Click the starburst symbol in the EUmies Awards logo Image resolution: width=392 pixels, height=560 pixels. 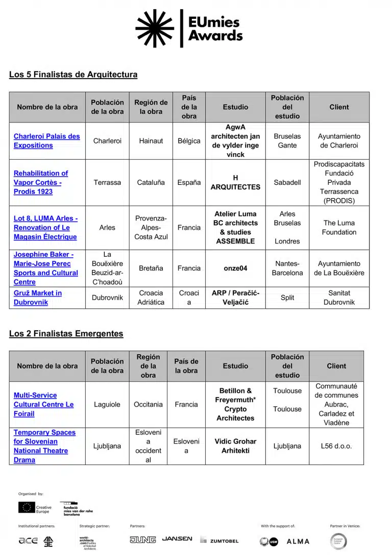(155, 28)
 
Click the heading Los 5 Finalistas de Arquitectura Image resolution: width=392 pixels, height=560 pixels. (73, 75)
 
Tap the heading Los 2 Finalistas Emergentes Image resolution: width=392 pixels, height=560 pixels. (66, 334)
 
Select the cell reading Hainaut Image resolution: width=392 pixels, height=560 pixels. (151, 141)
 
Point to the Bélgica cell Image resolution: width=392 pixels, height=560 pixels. (189, 141)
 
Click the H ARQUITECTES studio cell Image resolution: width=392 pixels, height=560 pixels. (235, 182)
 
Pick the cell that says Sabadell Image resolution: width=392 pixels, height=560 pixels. (287, 182)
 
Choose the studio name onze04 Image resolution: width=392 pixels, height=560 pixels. (235, 268)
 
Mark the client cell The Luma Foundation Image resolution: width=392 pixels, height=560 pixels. (339, 228)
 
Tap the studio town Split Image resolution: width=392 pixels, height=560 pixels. (287, 298)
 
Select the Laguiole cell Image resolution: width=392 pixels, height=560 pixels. (107, 404)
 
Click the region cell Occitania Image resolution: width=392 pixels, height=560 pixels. (148, 404)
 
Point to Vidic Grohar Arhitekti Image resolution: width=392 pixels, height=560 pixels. (235, 446)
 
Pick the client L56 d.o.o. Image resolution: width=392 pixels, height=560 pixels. (336, 446)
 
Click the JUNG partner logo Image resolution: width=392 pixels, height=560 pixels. (143, 540)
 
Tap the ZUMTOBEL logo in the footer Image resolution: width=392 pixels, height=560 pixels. (219, 541)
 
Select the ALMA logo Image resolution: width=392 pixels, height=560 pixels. (298, 541)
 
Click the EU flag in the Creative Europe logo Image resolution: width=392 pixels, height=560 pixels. (27, 507)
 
